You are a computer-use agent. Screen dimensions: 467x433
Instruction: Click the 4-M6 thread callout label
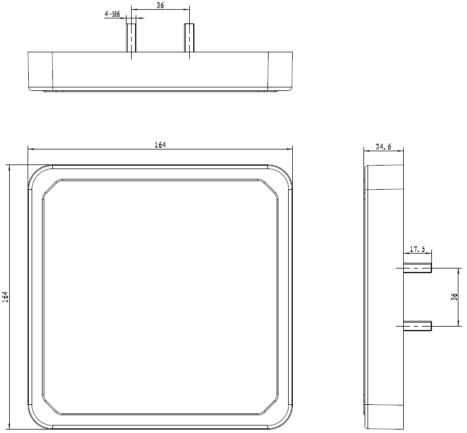click(112, 14)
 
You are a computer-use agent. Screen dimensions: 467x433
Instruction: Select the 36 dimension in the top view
click(160, 5)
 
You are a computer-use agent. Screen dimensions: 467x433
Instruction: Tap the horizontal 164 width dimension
click(160, 145)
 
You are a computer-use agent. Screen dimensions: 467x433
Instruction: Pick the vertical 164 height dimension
click(5, 297)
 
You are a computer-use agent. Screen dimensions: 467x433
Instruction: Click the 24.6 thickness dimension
click(383, 147)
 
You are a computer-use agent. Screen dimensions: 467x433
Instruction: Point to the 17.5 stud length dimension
click(418, 249)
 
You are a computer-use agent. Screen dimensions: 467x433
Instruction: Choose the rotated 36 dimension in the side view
click(454, 297)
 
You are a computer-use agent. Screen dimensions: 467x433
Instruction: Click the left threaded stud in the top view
click(131, 38)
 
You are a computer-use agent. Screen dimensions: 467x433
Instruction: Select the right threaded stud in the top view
click(189, 38)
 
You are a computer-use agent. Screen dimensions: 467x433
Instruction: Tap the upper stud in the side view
click(418, 268)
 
